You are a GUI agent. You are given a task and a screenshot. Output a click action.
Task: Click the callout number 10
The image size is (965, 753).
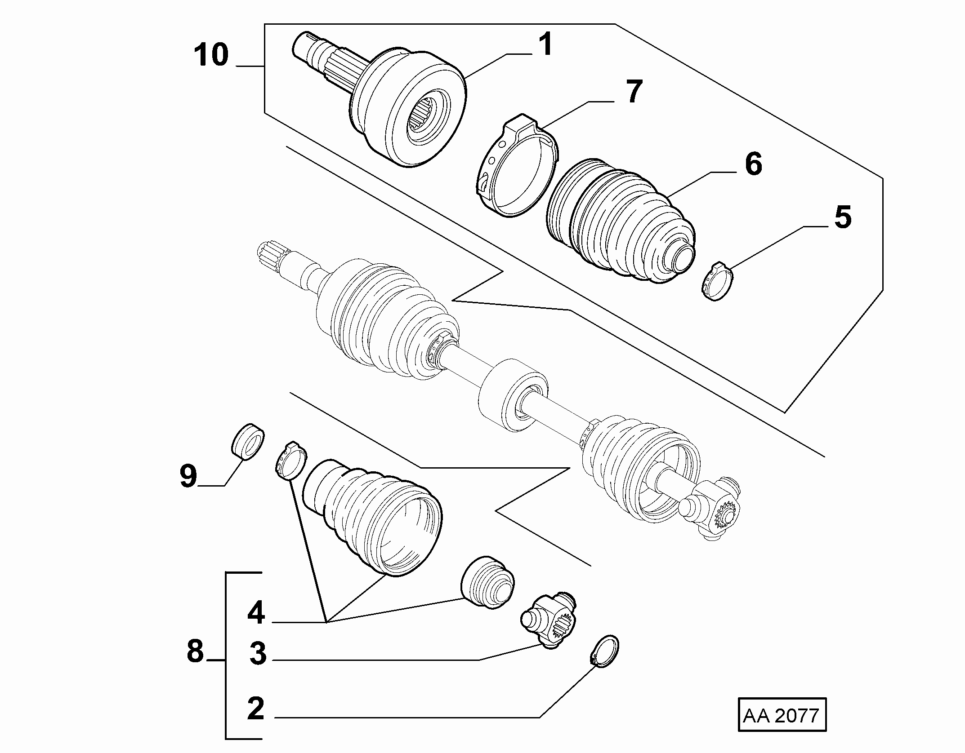pos(211,55)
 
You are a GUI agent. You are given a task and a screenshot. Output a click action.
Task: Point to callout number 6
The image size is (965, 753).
pos(753,164)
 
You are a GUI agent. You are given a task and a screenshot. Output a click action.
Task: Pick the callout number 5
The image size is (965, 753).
pos(842,217)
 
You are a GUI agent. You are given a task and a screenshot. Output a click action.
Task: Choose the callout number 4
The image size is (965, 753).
pos(256,613)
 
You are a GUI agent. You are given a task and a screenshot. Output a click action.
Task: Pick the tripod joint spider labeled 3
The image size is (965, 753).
pos(548,621)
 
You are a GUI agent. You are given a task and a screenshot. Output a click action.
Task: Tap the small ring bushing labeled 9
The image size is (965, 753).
pos(247,442)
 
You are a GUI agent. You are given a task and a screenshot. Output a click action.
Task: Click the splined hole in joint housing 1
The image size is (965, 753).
pos(423,120)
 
